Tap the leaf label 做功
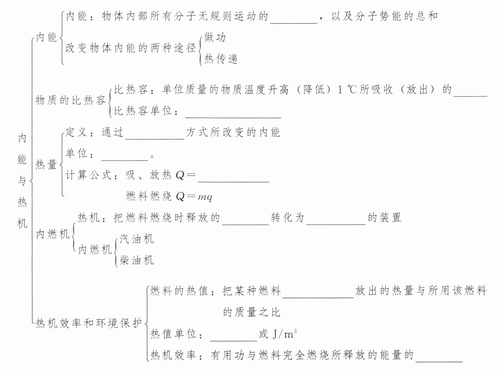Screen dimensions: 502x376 pyautogui.click(x=215, y=37)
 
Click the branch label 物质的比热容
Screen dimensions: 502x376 pyautogui.click(x=70, y=100)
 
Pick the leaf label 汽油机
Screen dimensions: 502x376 pyautogui.click(x=137, y=239)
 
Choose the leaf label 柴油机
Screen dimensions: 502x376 pyautogui.click(x=137, y=260)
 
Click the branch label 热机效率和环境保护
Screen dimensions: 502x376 pyautogui.click(x=89, y=323)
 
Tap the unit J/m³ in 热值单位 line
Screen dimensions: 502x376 pyautogui.click(x=284, y=334)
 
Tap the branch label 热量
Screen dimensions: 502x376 pyautogui.click(x=46, y=164)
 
